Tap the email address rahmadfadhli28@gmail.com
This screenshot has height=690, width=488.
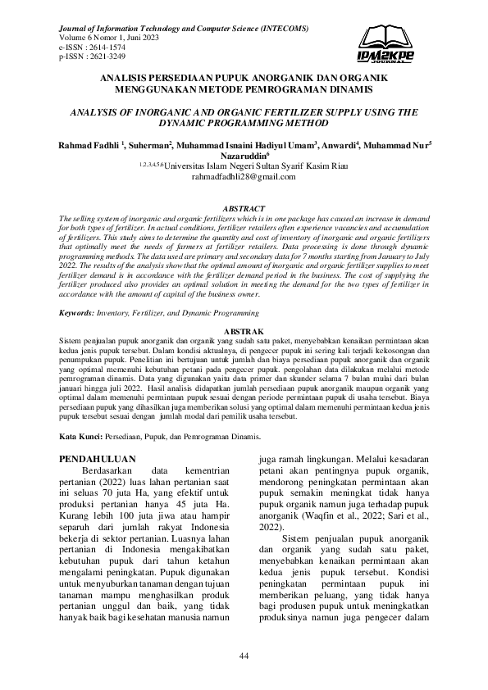[x=243, y=175]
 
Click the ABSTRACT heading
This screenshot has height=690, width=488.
[x=244, y=210]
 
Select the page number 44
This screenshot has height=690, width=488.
[x=244, y=656]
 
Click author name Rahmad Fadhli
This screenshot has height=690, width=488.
[x=88, y=144]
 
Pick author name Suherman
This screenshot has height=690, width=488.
[x=150, y=144]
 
